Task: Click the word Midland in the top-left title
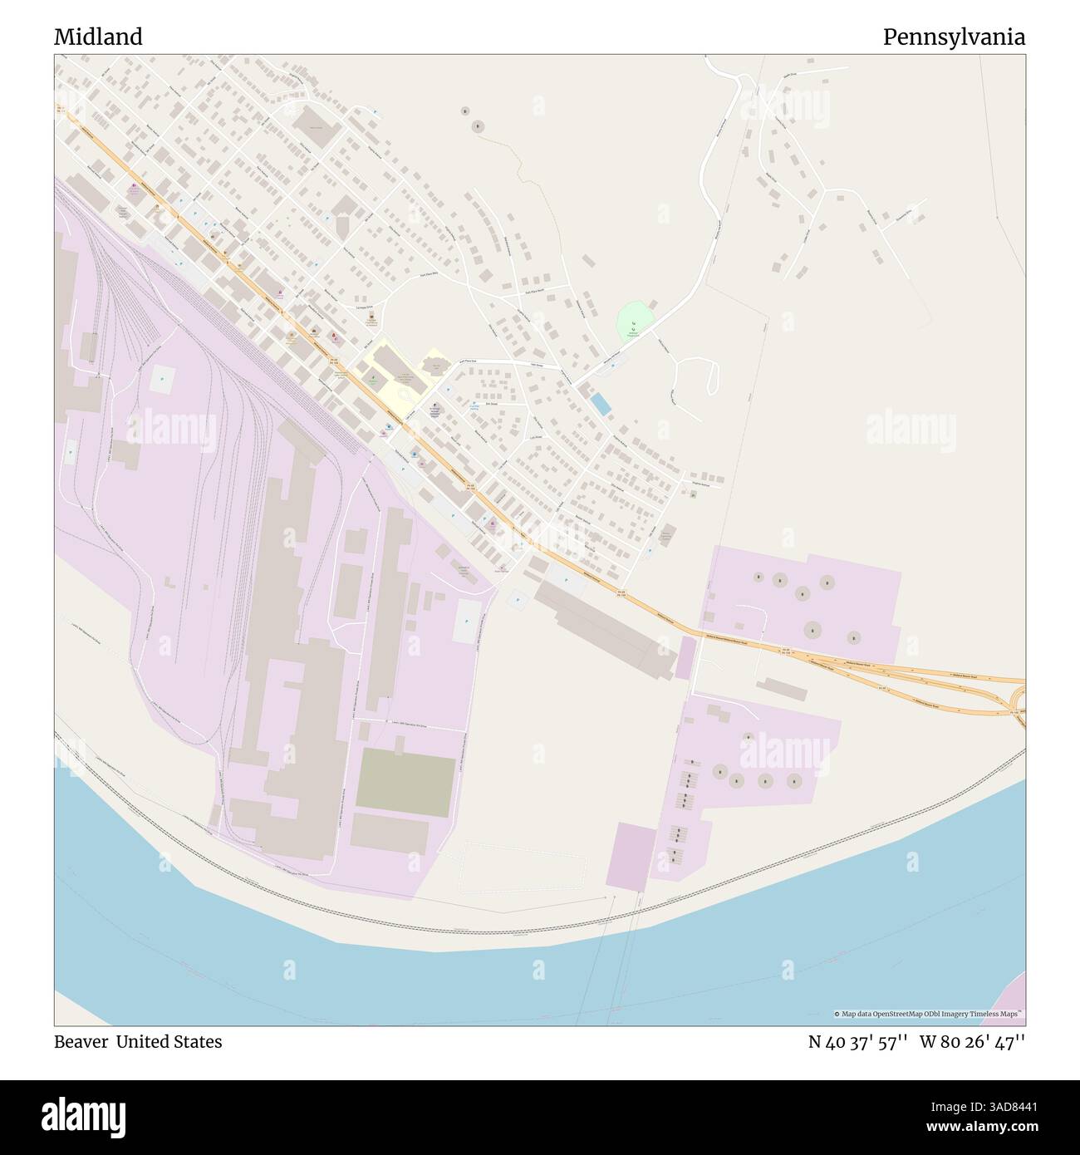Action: (x=98, y=37)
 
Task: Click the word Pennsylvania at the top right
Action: (x=954, y=37)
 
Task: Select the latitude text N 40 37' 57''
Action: (x=859, y=1041)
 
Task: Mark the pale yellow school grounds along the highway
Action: (x=390, y=370)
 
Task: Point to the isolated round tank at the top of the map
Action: (x=478, y=126)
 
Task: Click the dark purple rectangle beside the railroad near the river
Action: (x=631, y=856)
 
